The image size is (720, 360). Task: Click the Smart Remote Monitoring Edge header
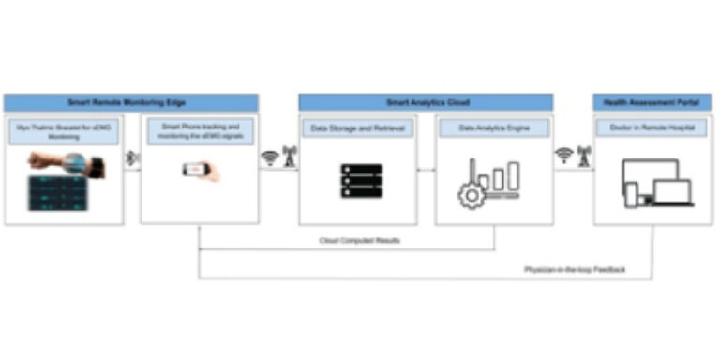click(130, 102)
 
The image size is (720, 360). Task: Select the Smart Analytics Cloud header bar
click(427, 102)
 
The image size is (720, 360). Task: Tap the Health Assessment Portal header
click(652, 102)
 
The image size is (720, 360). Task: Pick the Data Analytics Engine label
click(494, 127)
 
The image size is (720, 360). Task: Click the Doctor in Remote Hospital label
click(652, 127)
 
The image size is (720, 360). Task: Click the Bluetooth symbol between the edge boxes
click(132, 158)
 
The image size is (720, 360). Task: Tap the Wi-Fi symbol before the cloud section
click(270, 157)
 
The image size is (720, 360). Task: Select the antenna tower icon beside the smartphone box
click(289, 155)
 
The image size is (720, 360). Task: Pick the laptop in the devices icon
click(673, 193)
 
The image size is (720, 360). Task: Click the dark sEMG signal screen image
click(58, 194)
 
